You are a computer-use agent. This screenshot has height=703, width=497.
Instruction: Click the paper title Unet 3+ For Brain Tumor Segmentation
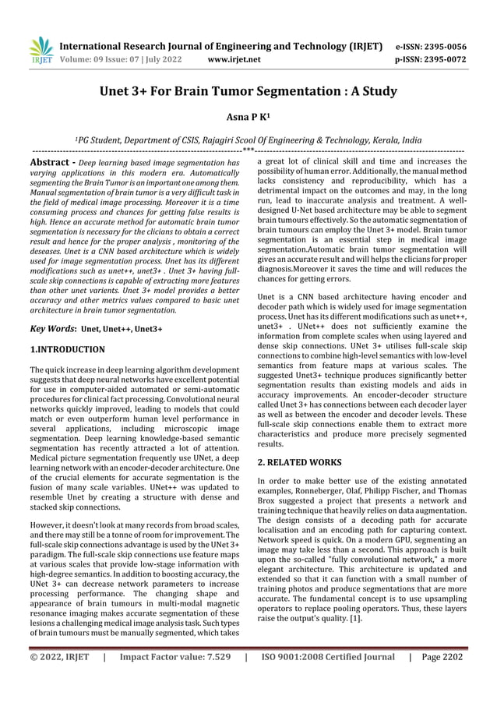248,91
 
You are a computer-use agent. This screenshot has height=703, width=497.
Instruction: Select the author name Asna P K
247,116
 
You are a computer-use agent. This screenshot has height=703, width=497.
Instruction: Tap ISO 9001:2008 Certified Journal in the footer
327,679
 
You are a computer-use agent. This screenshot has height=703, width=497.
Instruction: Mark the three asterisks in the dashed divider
248,150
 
